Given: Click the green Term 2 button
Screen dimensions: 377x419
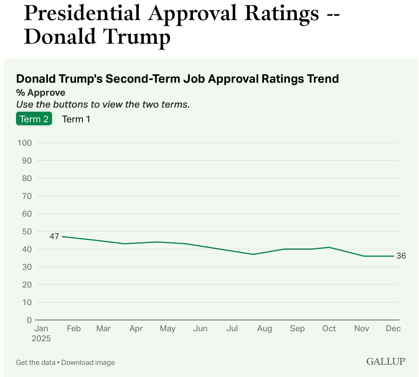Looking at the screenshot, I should point(34,119).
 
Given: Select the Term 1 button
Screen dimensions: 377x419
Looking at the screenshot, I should point(76,119).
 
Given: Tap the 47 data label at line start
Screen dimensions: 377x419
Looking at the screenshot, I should point(54,236).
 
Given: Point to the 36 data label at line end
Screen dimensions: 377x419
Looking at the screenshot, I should point(401,256).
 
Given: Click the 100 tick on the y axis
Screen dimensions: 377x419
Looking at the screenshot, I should point(25,143).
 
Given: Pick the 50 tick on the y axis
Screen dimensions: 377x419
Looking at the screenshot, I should point(27,232).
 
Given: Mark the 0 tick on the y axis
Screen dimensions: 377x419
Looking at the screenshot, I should point(29,320).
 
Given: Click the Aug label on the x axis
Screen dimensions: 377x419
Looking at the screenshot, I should point(264,329).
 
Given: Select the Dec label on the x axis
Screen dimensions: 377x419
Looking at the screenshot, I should point(393,329).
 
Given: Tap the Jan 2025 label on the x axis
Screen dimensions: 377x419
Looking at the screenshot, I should point(41,333).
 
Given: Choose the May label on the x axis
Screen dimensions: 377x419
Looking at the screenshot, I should point(168,329).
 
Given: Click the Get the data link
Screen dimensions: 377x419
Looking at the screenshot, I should point(35,363).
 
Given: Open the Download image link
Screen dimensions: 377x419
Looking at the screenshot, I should point(88,363).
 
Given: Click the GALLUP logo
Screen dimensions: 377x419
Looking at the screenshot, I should point(386,361).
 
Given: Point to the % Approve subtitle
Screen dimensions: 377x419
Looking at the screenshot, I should point(41,93).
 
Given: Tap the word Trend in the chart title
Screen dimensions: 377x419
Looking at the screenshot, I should point(323,79).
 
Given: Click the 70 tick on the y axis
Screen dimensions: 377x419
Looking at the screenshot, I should point(27,196).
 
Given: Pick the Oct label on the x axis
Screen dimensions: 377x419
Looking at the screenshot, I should point(329,329).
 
